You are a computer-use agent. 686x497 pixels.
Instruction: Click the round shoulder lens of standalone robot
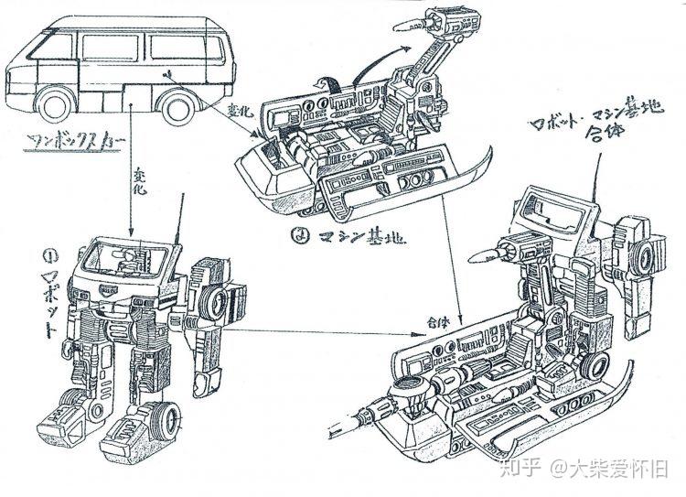pos(218,303)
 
